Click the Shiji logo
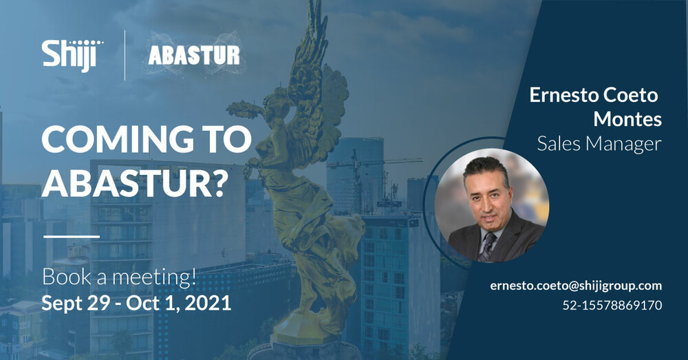point(72,54)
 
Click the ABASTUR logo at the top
point(194,56)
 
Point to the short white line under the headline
point(72,236)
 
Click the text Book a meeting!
point(119,278)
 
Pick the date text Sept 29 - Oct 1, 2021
point(136,303)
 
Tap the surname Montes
point(627,119)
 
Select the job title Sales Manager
point(599,143)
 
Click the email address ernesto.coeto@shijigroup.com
point(576,285)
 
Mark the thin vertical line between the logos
point(125,55)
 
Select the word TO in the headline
point(228,140)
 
